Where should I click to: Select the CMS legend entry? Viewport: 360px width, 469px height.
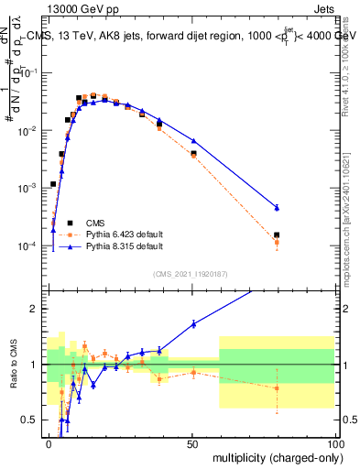(94, 223)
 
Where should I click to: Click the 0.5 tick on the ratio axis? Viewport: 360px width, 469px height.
(32, 420)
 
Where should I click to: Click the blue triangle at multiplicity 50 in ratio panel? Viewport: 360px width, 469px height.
(193, 324)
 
